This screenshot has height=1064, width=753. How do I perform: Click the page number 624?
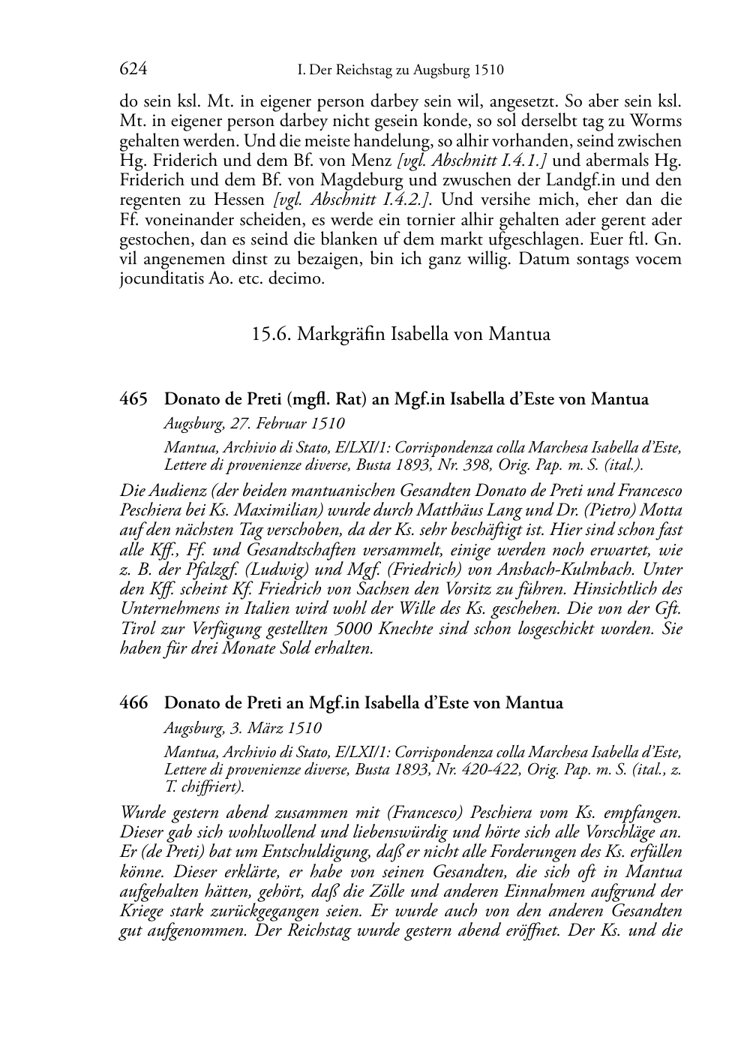click(133, 70)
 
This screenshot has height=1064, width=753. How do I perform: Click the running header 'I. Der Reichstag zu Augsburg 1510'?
click(400, 71)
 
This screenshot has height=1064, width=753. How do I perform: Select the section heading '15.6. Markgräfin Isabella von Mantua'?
click(400, 334)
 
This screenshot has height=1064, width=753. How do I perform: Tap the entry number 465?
click(133, 399)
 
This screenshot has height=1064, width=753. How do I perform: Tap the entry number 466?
click(133, 703)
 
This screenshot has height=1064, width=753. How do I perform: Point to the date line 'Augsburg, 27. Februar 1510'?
click(254, 423)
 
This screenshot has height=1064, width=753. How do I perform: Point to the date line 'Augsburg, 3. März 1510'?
click(242, 727)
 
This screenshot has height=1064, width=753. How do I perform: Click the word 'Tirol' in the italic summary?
click(140, 628)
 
